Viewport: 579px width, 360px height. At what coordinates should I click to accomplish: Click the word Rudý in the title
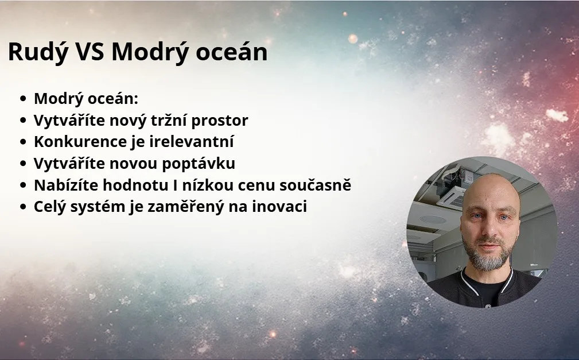click(38, 52)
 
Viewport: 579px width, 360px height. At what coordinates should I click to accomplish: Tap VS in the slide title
click(90, 51)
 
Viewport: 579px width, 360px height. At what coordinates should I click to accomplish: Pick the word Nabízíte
click(66, 185)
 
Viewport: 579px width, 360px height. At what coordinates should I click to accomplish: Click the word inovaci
click(279, 207)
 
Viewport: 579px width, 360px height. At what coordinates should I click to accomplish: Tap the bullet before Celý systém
click(24, 207)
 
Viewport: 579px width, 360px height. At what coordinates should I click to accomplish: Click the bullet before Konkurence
click(24, 142)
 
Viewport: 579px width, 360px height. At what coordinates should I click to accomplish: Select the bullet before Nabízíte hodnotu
click(24, 185)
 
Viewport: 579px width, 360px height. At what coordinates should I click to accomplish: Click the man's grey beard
click(488, 255)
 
